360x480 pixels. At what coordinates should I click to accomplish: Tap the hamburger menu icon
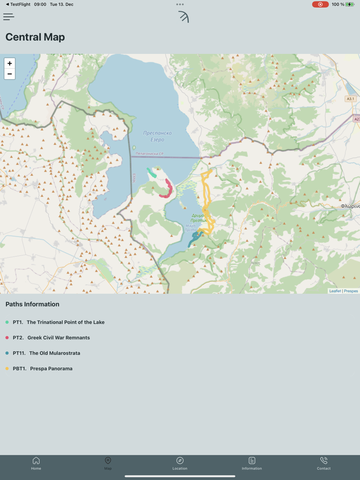pyautogui.click(x=9, y=17)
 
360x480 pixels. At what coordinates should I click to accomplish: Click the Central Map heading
pyautogui.click(x=35, y=37)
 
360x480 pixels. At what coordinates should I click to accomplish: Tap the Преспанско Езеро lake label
pyautogui.click(x=157, y=136)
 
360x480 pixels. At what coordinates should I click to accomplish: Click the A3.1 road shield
pyautogui.click(x=350, y=99)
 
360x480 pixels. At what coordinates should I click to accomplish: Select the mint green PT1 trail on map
pyautogui.click(x=151, y=173)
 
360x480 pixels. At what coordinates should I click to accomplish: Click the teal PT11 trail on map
pyautogui.click(x=194, y=239)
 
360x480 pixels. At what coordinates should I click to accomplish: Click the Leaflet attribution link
pyautogui.click(x=335, y=291)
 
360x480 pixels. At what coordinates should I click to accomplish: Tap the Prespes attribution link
pyautogui.click(x=351, y=291)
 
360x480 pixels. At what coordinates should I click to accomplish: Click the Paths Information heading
pyautogui.click(x=32, y=304)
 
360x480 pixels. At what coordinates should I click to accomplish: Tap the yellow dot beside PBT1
pyautogui.click(x=7, y=368)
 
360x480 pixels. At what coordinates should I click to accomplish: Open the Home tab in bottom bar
pyautogui.click(x=36, y=463)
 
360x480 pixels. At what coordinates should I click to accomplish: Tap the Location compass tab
pyautogui.click(x=180, y=463)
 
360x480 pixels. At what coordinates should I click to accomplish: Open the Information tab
pyautogui.click(x=251, y=463)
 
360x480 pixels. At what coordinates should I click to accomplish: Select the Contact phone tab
pyautogui.click(x=323, y=463)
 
